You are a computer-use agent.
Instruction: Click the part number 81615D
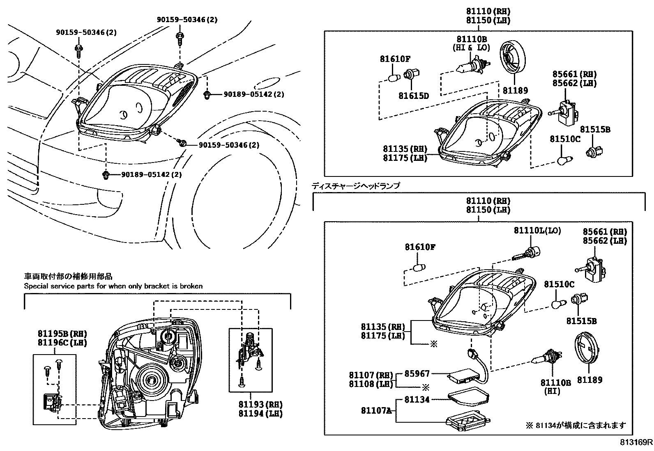(x=413, y=96)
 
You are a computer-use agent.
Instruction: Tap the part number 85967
(x=417, y=374)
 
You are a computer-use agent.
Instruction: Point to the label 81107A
(x=376, y=410)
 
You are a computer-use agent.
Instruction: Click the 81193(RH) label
(x=260, y=405)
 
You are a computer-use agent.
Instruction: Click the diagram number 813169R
(x=636, y=442)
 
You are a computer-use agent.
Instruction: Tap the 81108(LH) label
(x=371, y=384)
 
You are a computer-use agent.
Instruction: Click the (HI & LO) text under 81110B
(x=471, y=48)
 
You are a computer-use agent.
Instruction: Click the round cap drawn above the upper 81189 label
(x=514, y=58)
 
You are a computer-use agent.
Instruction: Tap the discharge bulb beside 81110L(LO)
(x=527, y=254)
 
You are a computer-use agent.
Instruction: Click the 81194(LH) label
(x=260, y=414)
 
